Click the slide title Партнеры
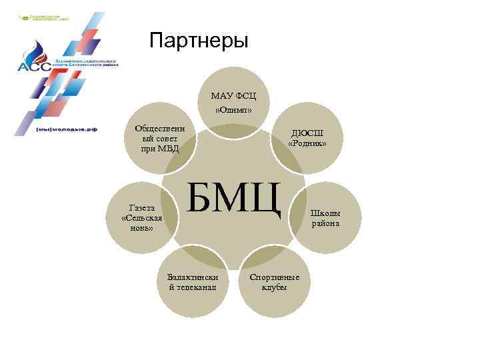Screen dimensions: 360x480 199,41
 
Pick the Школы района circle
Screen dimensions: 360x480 326,217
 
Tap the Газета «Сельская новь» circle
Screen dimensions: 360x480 142,218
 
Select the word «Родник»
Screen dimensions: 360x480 307,143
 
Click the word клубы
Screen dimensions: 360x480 274,287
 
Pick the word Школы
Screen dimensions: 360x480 326,213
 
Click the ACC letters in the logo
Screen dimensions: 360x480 29,66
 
